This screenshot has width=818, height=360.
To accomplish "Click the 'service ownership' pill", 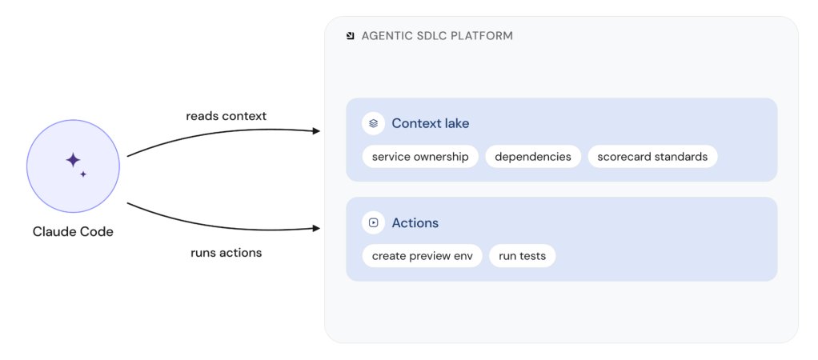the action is pos(420,157).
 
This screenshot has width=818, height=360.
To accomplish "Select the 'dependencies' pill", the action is pos(532,157).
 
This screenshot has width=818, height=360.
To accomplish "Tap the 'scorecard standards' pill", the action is pos(652,157).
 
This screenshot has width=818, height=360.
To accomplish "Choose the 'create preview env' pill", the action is pos(422,256).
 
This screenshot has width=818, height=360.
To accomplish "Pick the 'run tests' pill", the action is pos(522,256).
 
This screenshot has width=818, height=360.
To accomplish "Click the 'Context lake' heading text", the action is pos(431,124).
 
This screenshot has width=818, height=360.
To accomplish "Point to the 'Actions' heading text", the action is pos(415,222).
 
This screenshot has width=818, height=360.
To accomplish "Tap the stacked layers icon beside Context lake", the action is pos(374,124).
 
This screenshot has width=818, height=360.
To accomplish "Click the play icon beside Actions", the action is pos(374,222).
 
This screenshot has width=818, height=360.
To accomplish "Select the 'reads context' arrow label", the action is pos(227,116).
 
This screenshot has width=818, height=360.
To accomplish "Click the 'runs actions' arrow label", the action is pos(227,253).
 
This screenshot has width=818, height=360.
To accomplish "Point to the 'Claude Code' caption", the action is pos(73,232).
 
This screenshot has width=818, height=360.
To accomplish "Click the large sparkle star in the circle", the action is pos(73,160).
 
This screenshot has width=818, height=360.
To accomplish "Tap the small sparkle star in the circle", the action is pos(83,174).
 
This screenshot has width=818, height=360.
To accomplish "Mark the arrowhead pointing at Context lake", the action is pos(316,131).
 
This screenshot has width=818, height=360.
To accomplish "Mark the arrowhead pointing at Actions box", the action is pos(316,228).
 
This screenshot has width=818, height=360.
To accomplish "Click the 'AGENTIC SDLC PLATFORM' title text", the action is pos(437,36).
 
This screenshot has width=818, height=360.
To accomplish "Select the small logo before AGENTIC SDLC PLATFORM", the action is pos(351,36).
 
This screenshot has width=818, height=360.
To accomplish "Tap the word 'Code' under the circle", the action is pos(98,232).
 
